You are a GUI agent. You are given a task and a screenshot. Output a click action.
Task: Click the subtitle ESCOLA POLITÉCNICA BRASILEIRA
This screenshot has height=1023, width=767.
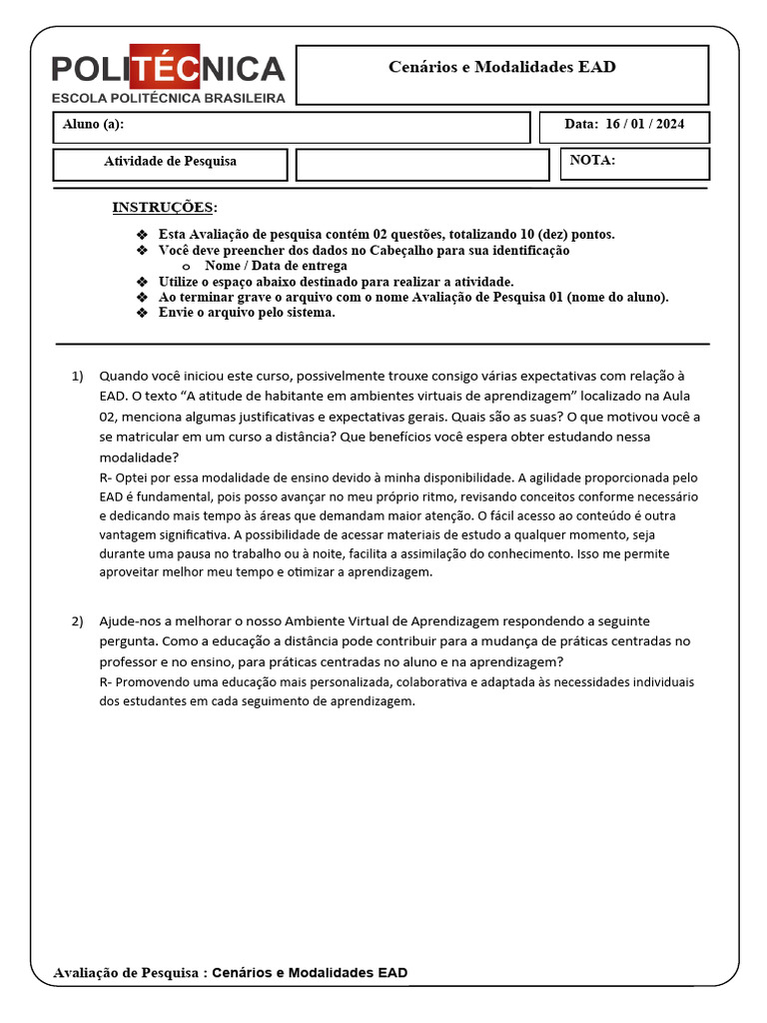pos(168,98)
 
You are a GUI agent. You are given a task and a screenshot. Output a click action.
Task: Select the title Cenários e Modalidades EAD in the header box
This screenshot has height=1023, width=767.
pos(501,68)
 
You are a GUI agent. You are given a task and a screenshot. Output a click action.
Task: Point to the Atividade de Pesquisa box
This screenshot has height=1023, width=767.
pos(170,162)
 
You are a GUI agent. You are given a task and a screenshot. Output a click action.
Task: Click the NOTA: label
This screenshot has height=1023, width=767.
pos(592,160)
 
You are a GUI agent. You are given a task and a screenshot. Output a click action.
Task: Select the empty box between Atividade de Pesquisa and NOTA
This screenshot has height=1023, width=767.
pos(422,165)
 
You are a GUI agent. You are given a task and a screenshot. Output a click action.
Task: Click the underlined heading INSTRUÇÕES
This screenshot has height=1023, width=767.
pos(162,208)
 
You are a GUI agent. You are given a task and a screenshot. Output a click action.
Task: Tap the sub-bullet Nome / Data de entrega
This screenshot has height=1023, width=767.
pos(276,266)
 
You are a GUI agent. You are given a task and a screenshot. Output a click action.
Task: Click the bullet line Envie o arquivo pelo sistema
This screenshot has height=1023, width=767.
pos(247,312)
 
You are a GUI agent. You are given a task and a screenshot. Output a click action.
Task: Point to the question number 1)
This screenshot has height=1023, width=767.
pos(78,376)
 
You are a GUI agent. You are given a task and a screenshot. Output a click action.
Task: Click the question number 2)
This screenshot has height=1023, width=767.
pos(78,621)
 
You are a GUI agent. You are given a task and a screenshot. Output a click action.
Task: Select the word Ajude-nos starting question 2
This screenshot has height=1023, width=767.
pos(127,621)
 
